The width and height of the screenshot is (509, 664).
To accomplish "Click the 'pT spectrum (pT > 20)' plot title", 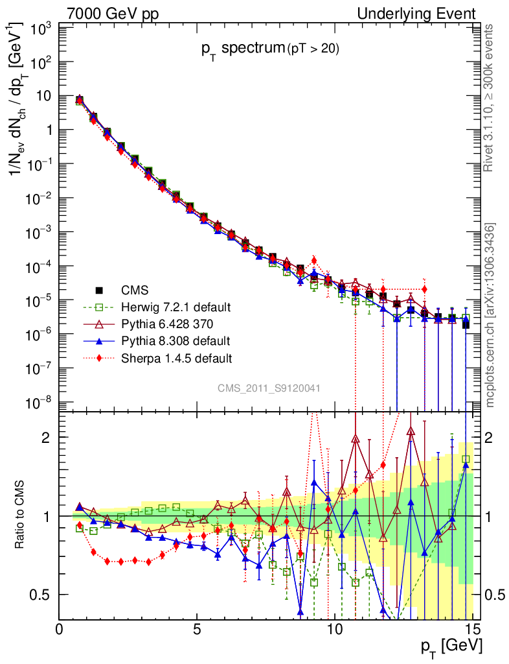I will pos(269,48).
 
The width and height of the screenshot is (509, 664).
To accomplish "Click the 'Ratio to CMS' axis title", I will pos(21,516).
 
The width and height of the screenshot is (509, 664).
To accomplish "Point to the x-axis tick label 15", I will pos(473,629).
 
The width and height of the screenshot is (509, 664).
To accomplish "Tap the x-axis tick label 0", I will pos(60,629).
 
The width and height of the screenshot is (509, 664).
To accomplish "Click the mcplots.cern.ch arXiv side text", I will pos(490,314).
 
